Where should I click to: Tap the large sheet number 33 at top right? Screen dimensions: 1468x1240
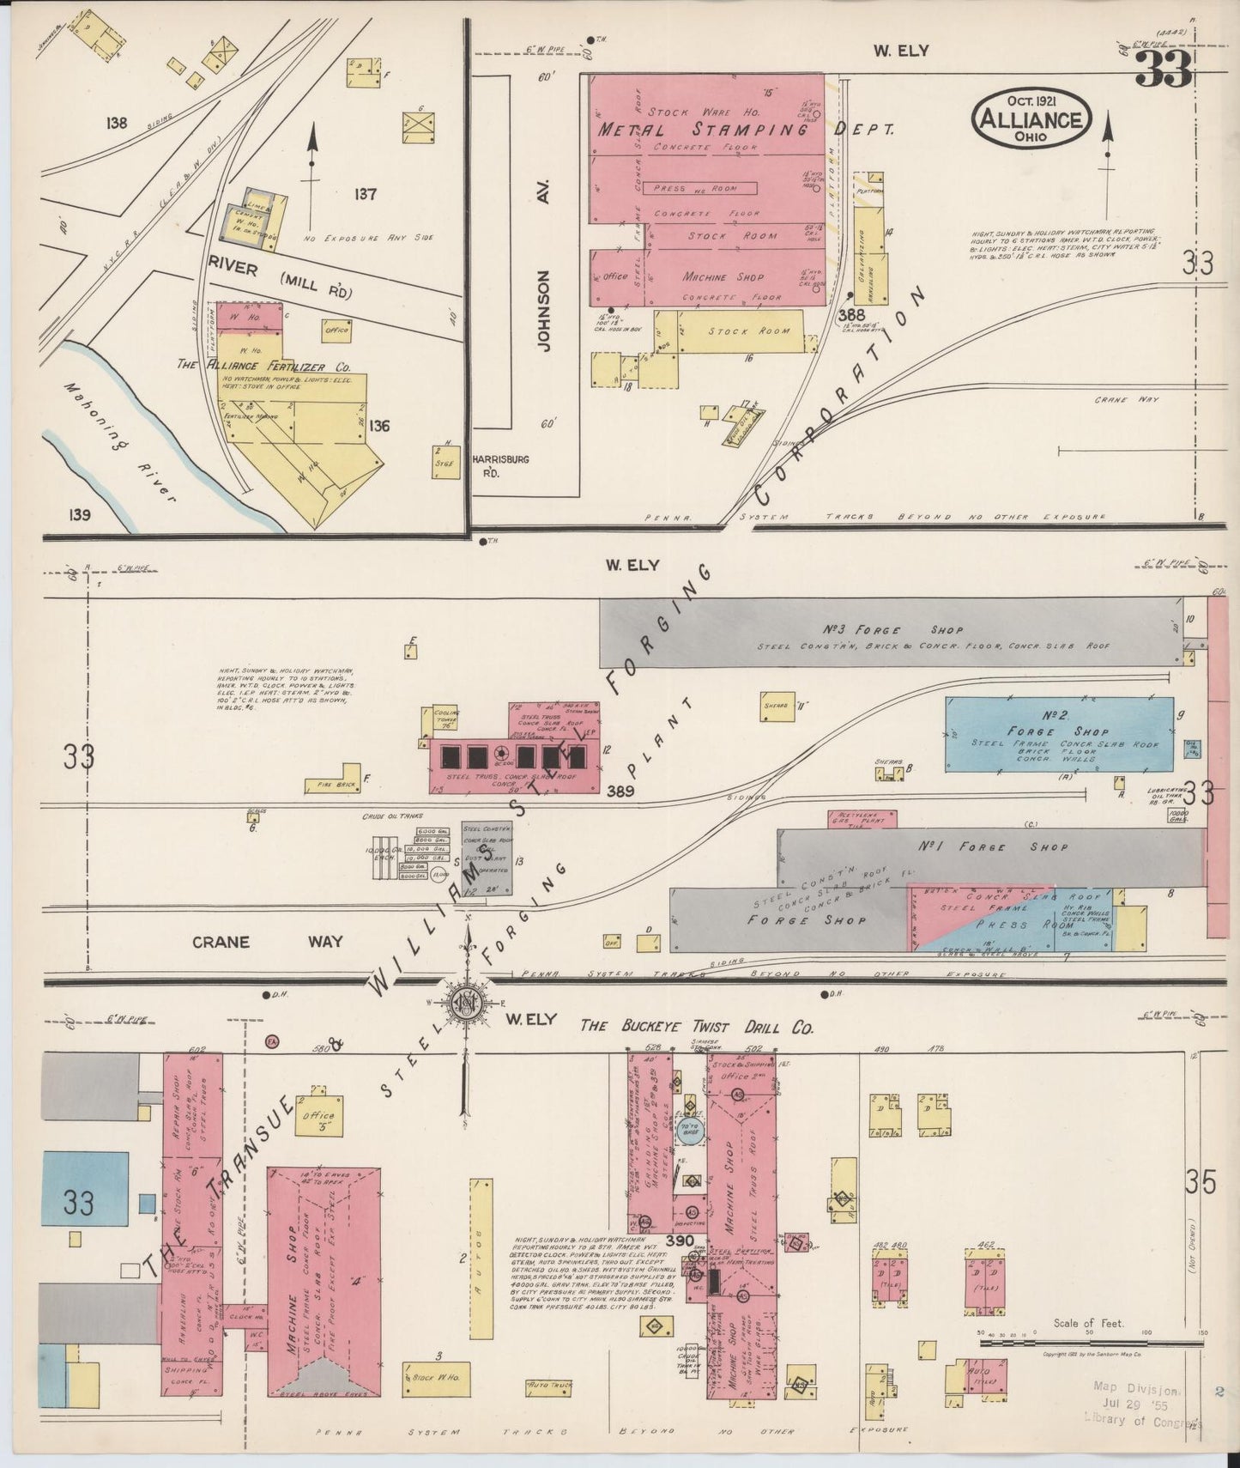coord(1164,69)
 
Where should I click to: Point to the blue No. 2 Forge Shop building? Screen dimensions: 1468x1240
coord(1059,734)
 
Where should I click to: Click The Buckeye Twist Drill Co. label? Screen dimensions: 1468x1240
coord(696,1026)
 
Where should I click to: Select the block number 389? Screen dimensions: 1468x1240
coord(620,792)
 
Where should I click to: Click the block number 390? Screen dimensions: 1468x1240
coord(679,1241)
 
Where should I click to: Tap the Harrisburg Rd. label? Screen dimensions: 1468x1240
coord(499,464)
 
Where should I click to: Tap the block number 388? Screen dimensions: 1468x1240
coord(852,315)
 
